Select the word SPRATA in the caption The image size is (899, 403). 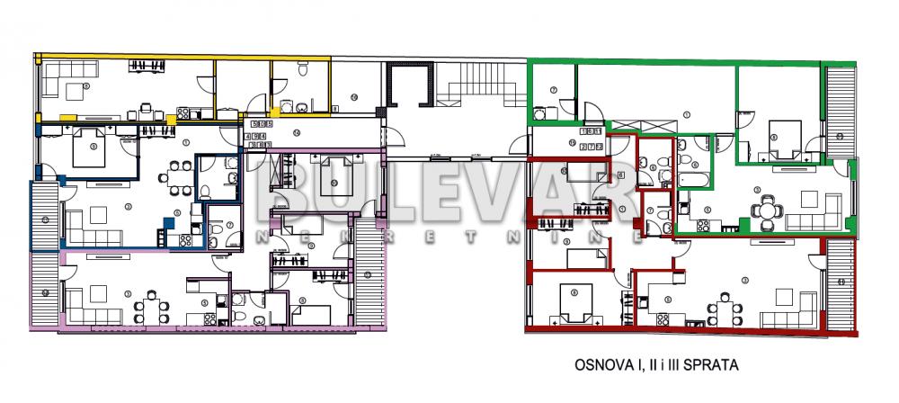tap(714, 366)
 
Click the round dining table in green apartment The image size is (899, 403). tap(763, 210)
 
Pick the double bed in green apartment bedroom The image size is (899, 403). tap(779, 135)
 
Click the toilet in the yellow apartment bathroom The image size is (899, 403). tap(304, 72)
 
